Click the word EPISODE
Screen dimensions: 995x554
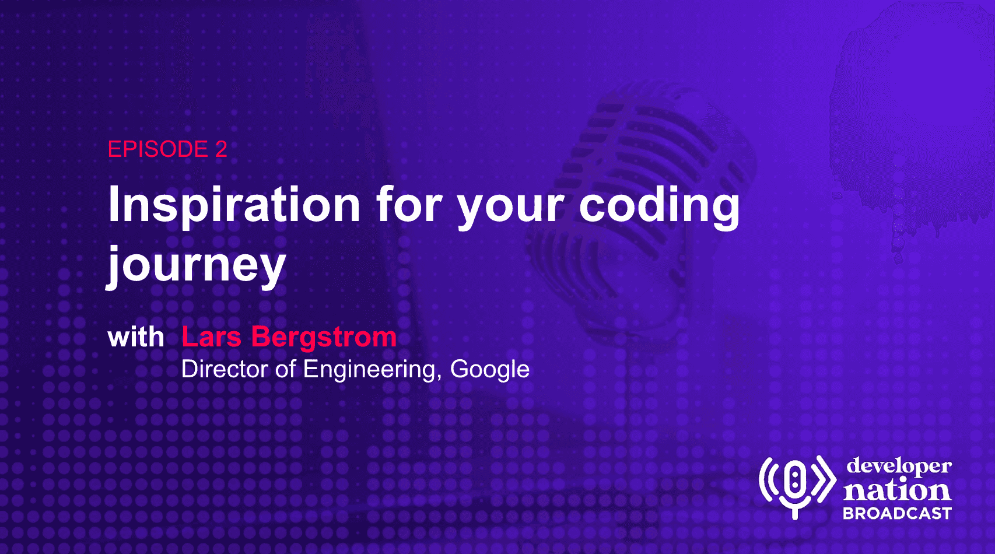click(157, 149)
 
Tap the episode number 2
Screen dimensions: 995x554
click(221, 149)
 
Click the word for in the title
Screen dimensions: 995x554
click(409, 204)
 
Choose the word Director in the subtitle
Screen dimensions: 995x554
click(225, 369)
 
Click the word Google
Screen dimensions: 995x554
click(489, 370)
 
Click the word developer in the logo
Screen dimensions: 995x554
click(899, 467)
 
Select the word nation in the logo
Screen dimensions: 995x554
click(897, 490)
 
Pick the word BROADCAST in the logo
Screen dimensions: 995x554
click(897, 514)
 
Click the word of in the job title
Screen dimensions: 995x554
click(285, 369)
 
